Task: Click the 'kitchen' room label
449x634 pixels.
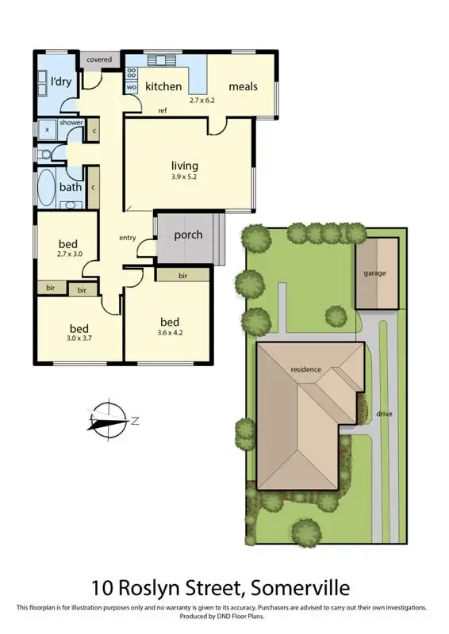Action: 163,86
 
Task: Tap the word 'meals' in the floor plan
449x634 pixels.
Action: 243,86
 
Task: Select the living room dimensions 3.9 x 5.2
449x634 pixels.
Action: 183,177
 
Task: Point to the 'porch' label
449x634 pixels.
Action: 188,235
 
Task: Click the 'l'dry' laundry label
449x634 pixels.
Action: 61,82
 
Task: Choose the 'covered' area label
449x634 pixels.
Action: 99,60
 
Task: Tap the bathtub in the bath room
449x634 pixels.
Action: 47,188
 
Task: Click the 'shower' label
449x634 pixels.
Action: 71,123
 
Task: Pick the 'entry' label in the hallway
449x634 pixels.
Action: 128,238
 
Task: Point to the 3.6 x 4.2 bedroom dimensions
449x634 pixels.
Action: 169,334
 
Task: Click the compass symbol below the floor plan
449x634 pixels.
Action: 108,420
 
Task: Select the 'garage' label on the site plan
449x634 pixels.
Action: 375,273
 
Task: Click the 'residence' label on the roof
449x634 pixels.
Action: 305,370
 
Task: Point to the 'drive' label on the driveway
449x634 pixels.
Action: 385,414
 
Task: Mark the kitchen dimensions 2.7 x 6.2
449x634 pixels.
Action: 202,101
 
